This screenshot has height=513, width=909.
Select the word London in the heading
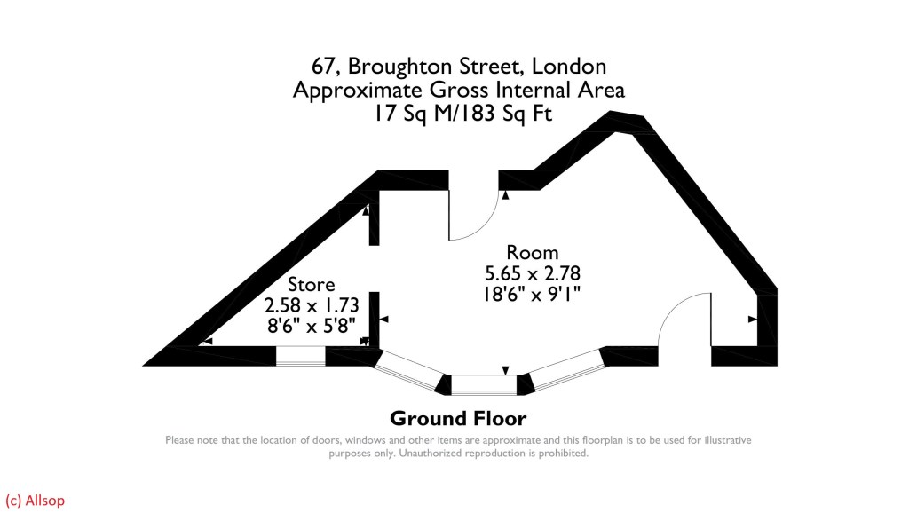click(x=569, y=66)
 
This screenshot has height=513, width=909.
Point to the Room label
click(x=533, y=253)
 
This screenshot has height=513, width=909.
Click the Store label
click(x=312, y=285)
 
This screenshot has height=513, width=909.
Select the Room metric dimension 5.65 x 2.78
click(x=533, y=273)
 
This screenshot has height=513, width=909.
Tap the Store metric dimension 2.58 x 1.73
click(x=312, y=305)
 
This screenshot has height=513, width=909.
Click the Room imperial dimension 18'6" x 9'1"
click(x=532, y=294)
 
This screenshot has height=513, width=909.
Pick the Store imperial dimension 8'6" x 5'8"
click(x=312, y=326)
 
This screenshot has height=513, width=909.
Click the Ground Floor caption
click(x=458, y=419)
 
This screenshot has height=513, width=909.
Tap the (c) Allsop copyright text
click(x=35, y=501)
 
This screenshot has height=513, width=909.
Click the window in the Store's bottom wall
click(x=300, y=356)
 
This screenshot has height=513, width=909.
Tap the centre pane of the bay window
click(x=484, y=385)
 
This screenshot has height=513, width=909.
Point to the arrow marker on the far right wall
click(x=753, y=320)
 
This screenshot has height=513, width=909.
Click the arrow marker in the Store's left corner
click(x=208, y=342)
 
